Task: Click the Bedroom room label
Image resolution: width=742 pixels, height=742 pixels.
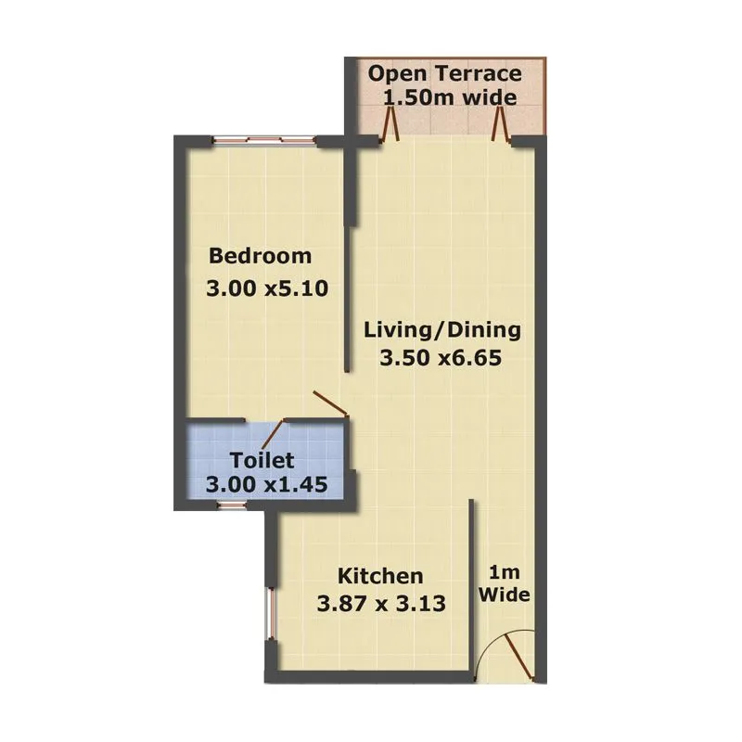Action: [x=260, y=256]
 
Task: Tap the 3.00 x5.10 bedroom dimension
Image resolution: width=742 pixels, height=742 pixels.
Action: [x=267, y=288]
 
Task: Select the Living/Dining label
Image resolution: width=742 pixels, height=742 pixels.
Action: [x=442, y=329]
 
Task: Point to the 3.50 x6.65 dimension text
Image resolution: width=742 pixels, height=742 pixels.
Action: [x=441, y=359]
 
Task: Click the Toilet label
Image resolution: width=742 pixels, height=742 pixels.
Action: [x=262, y=460]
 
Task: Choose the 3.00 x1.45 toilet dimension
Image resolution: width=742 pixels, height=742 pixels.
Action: [x=267, y=484]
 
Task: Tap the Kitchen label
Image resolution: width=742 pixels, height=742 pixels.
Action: [x=380, y=575]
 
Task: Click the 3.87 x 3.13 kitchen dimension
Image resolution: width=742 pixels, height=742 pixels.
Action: [x=382, y=604]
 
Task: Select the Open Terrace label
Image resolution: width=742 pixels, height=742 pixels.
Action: [x=444, y=74]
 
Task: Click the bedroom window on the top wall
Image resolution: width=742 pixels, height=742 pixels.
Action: [x=262, y=140]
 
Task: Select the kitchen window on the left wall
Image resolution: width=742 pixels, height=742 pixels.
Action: [x=271, y=614]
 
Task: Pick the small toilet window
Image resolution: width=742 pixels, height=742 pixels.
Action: [x=229, y=505]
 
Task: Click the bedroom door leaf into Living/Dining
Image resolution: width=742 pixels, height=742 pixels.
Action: [x=329, y=403]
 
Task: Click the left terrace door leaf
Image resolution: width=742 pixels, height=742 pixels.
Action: [x=392, y=124]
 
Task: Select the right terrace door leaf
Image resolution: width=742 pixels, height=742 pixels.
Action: [x=502, y=124]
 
